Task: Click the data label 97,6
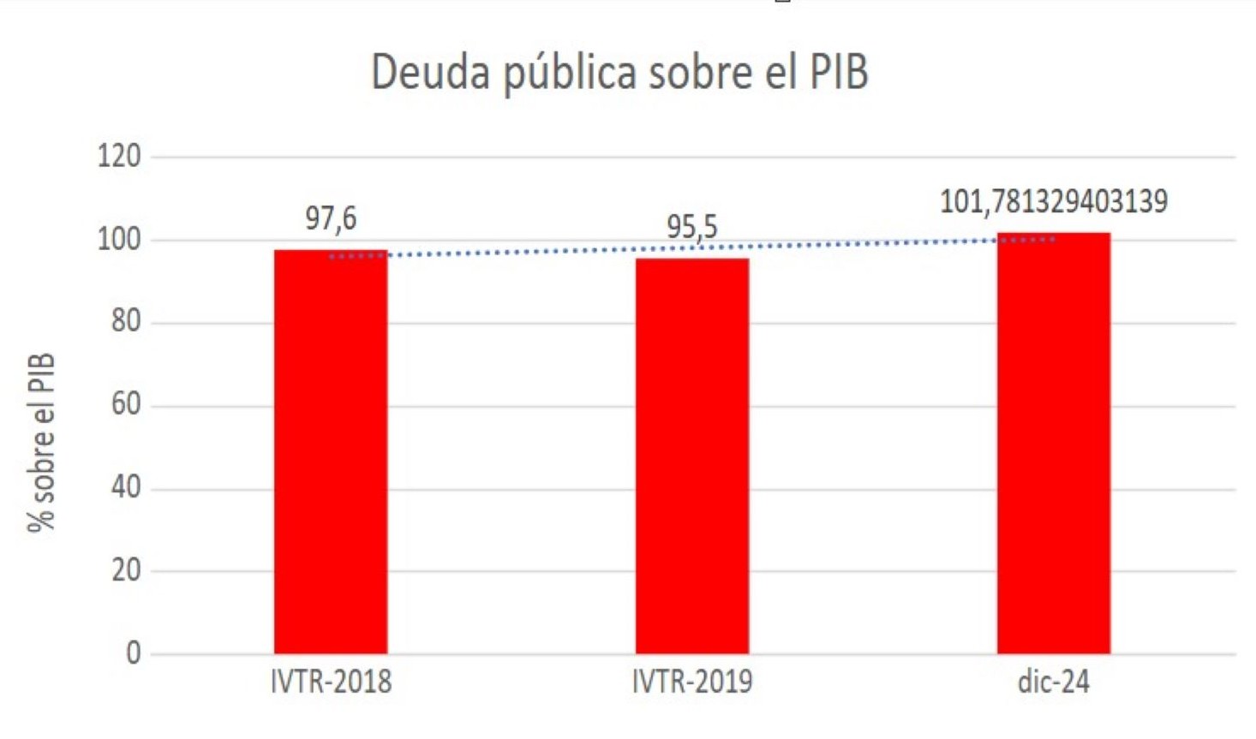[x=331, y=219]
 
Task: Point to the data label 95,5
[x=692, y=227]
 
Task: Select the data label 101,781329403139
[x=1053, y=201]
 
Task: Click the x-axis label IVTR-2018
[x=331, y=682]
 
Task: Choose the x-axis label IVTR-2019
[x=692, y=682]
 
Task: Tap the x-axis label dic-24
[x=1053, y=682]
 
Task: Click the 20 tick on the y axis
[x=126, y=570]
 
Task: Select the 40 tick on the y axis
[x=126, y=487]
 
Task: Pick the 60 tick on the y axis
[x=126, y=404]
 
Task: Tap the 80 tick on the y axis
[x=126, y=321]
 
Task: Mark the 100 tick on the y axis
[x=119, y=239]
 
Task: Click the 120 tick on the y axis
[x=119, y=156]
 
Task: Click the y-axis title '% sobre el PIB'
[x=41, y=442]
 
